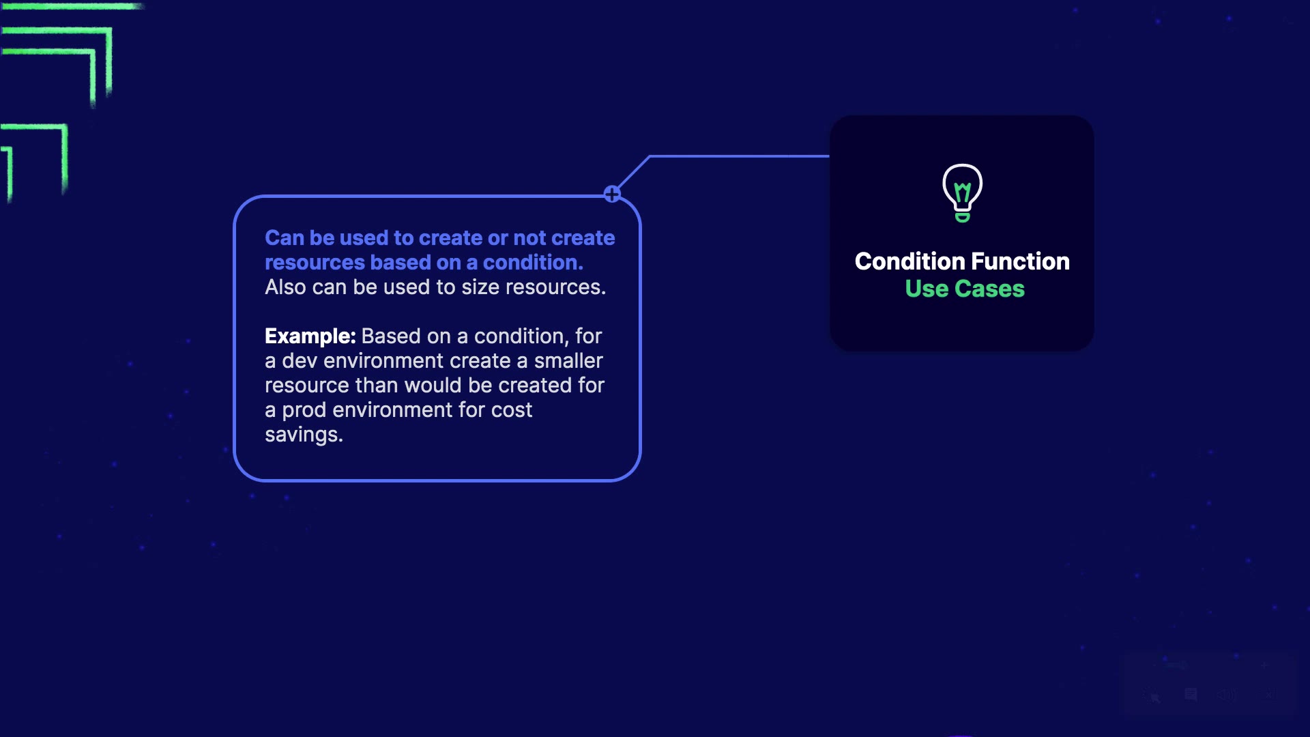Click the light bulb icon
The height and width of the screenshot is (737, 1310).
pos(962,192)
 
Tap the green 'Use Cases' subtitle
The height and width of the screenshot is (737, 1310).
pos(965,289)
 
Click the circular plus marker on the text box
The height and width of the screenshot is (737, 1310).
pos(612,194)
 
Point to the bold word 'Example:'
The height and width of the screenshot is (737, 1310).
pos(310,336)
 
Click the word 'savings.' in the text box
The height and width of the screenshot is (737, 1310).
pos(304,435)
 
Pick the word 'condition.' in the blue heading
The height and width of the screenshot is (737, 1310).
pos(533,263)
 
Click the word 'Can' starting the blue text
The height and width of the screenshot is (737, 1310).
pos(284,238)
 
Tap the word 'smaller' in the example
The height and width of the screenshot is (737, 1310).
pos(568,361)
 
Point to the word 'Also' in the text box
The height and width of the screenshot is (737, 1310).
pos(285,287)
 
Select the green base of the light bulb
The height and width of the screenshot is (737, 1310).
pos(962,218)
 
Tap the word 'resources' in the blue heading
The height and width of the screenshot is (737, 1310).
pos(315,263)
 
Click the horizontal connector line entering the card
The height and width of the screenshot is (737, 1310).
pos(740,156)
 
